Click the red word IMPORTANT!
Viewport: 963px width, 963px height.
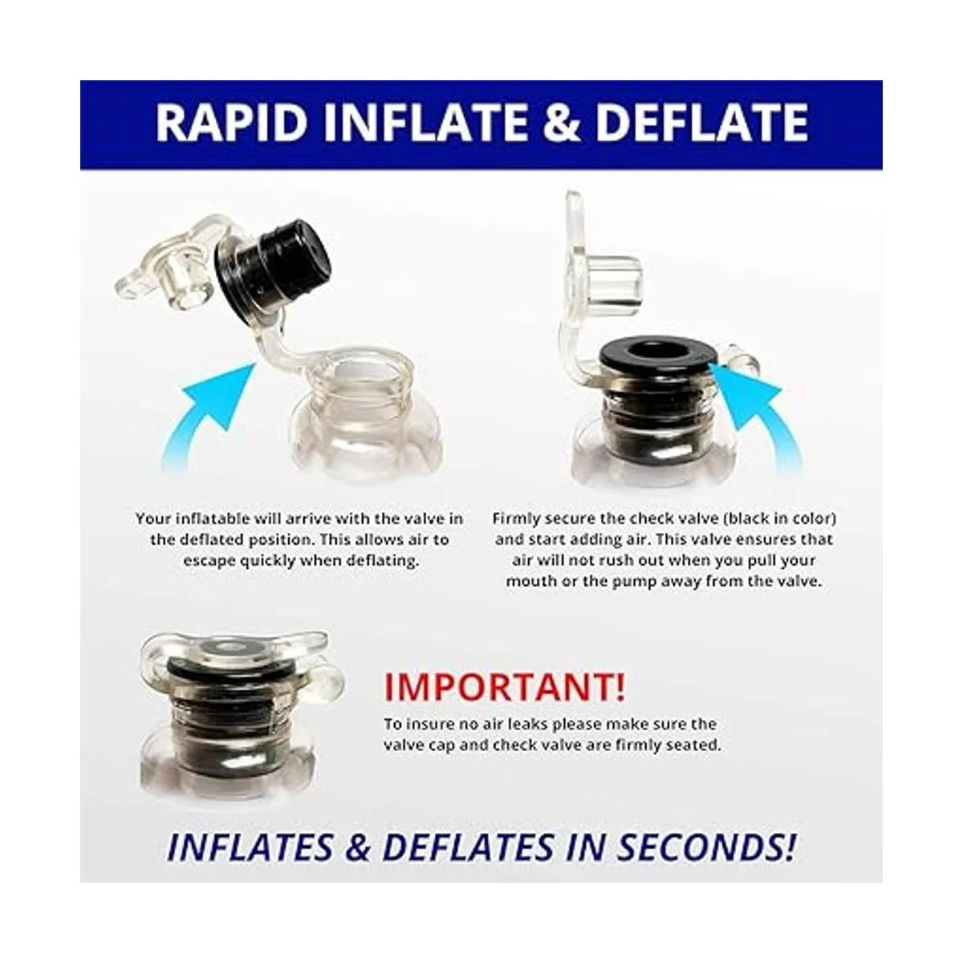click(x=504, y=687)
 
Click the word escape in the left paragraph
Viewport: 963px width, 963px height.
click(x=209, y=560)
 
